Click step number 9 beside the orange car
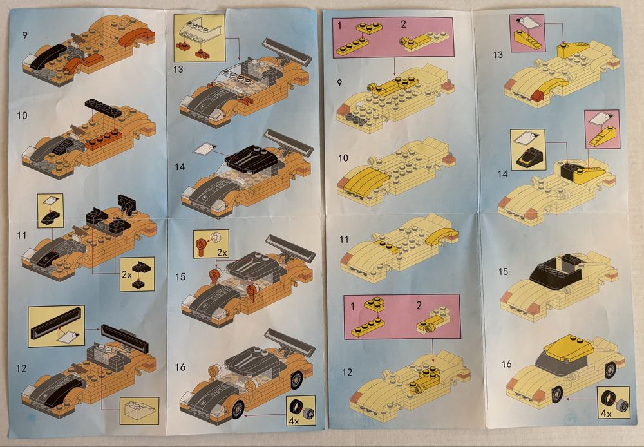pos(24,35)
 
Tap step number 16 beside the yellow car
pos(506,364)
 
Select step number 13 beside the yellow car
pos(498,55)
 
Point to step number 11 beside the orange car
pos(22,235)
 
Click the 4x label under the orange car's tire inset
pos(294,421)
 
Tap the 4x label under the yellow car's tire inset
pos(606,414)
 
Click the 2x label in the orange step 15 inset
pos(222,253)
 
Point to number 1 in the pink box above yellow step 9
pos(339,26)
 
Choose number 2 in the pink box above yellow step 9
pos(403,24)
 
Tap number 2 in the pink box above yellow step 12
pos(419,305)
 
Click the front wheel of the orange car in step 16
pos(238,410)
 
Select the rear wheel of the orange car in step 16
pos(296,381)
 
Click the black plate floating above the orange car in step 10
pos(103,108)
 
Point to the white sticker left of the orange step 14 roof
pos(206,149)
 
